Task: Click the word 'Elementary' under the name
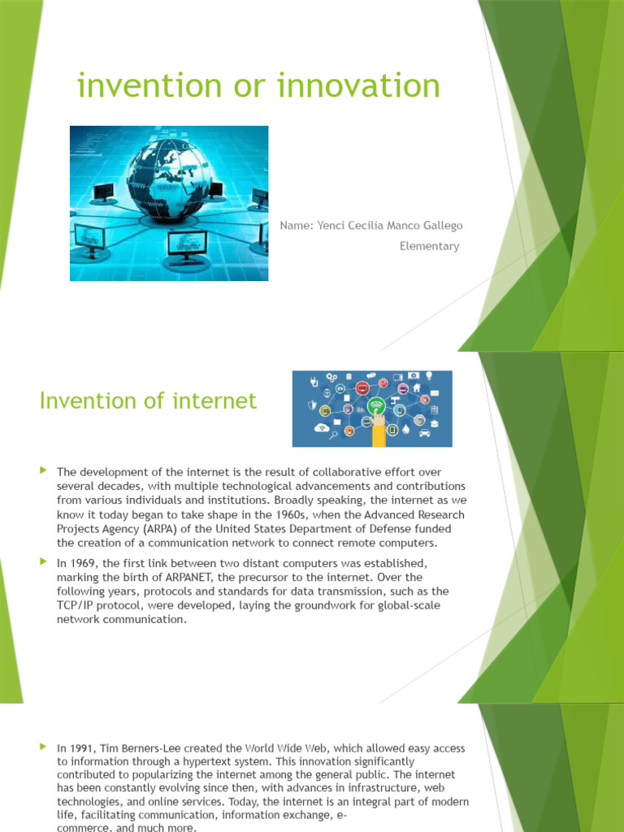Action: click(429, 246)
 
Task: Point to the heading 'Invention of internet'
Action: click(148, 401)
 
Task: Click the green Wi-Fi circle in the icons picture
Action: click(376, 405)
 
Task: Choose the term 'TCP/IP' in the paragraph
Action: click(76, 605)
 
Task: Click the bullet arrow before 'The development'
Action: click(44, 470)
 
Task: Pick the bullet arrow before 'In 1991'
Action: click(44, 747)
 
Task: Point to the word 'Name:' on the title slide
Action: click(297, 225)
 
